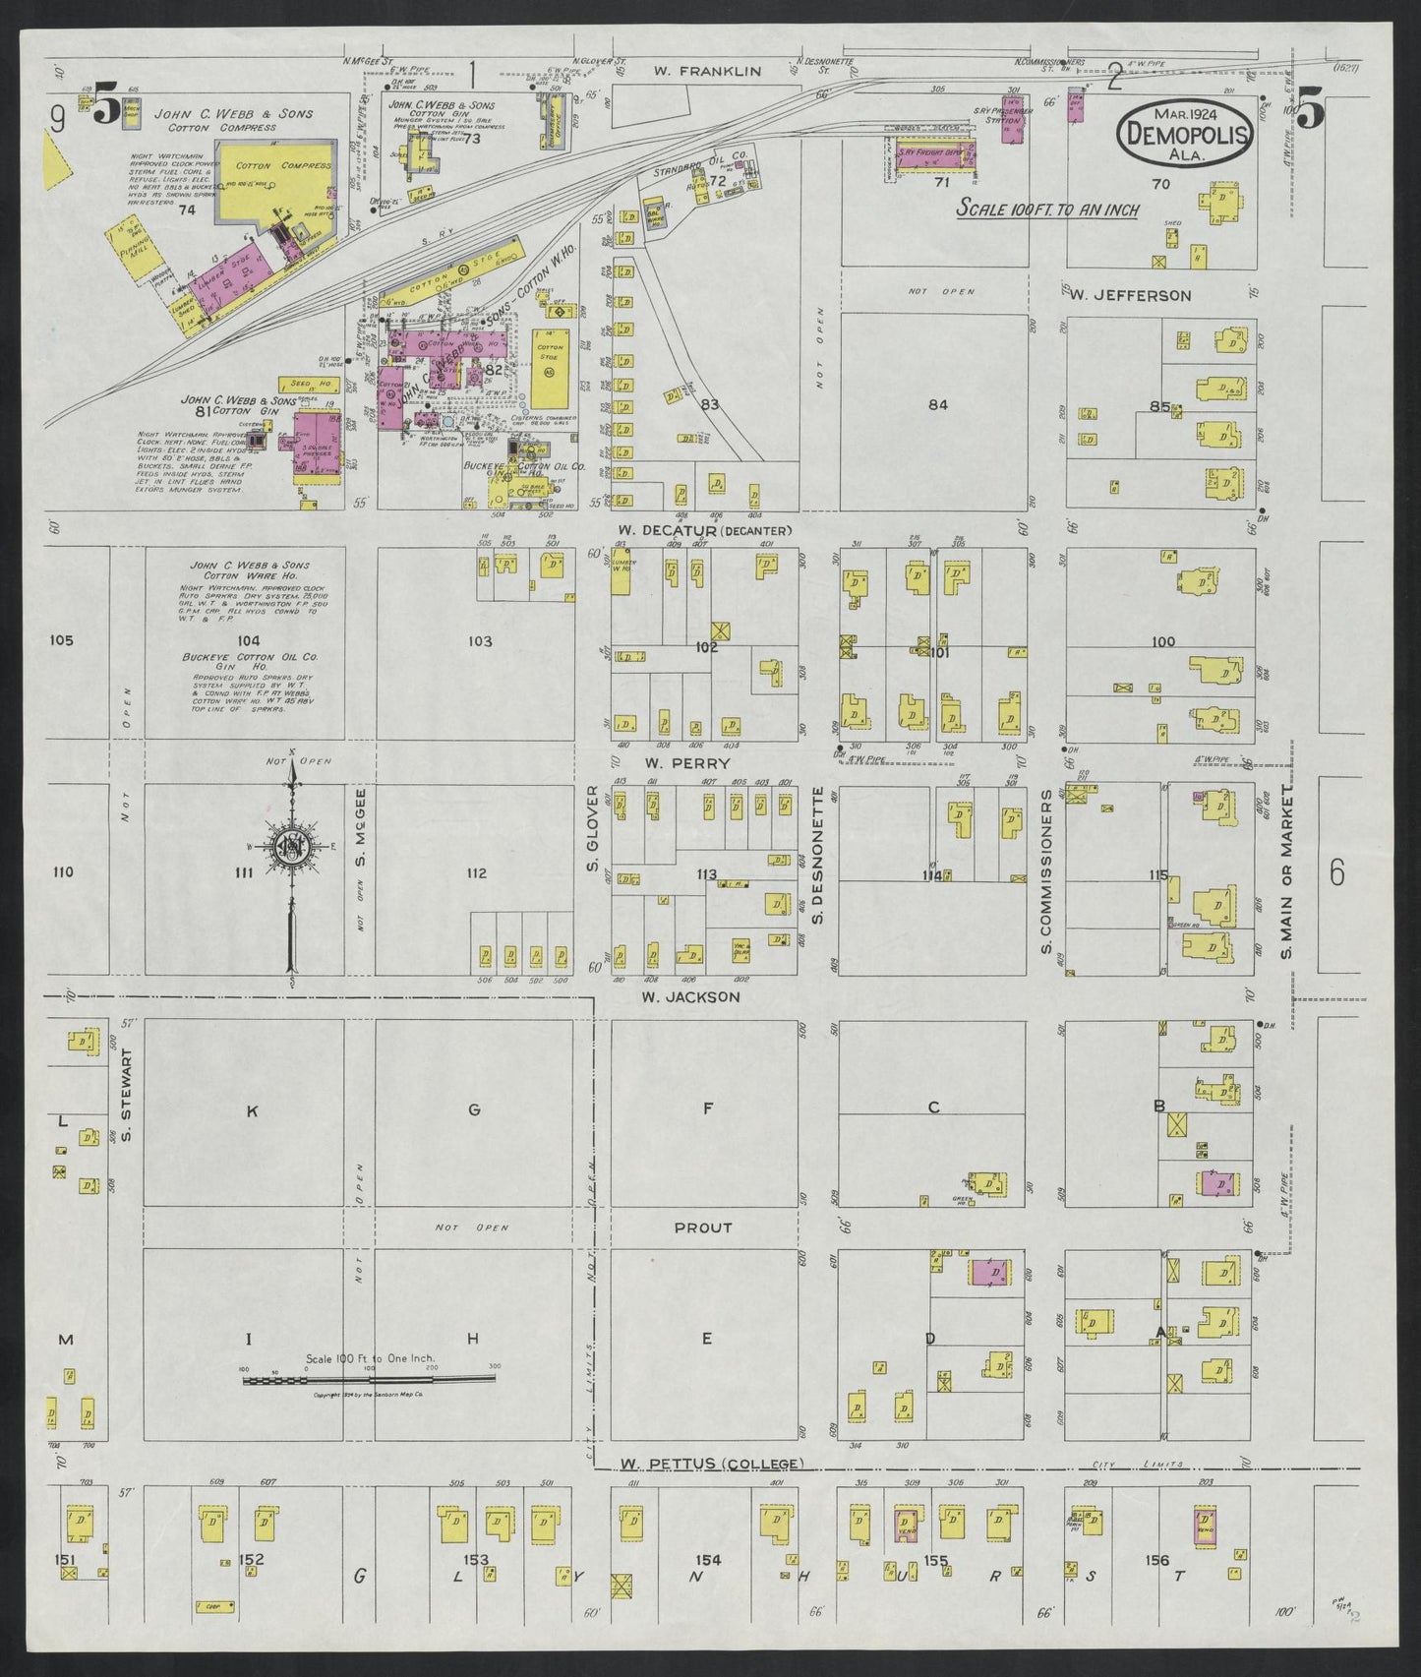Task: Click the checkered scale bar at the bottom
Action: click(x=369, y=1380)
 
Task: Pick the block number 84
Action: click(x=937, y=404)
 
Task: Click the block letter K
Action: click(x=252, y=1110)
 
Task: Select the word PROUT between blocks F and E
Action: click(x=702, y=1228)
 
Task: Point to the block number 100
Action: click(x=1162, y=641)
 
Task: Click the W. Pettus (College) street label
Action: click(x=712, y=1464)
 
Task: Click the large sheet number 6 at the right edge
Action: click(x=1335, y=872)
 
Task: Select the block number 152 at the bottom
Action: click(x=251, y=1559)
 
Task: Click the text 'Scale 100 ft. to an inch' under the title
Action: click(x=1048, y=209)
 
